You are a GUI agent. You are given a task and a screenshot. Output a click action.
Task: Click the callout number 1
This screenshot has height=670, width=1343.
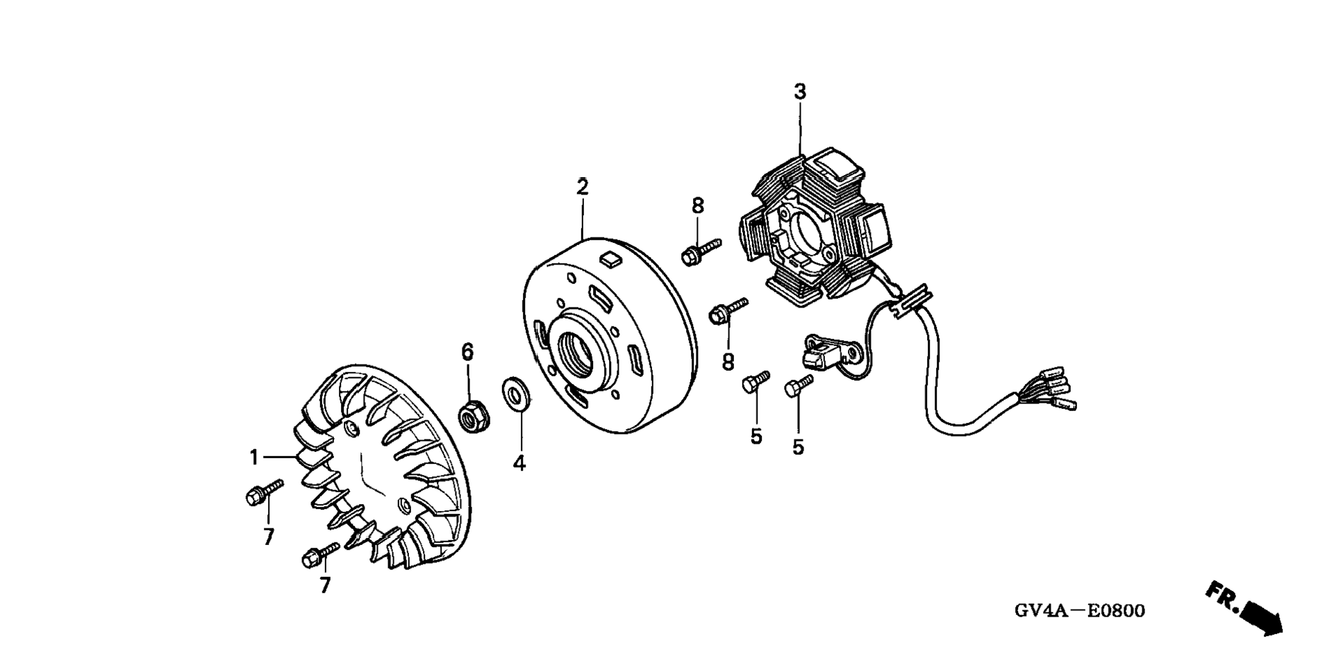point(254,458)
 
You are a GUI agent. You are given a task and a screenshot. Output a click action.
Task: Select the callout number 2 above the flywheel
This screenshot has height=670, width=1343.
point(582,187)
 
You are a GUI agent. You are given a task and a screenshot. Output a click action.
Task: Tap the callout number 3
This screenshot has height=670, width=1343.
point(800,92)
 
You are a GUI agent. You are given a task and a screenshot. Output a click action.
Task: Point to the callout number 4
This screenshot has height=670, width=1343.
point(519,463)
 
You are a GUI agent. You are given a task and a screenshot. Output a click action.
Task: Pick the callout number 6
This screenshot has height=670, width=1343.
point(467,352)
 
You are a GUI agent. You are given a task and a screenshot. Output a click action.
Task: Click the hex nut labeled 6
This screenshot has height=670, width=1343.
point(474,414)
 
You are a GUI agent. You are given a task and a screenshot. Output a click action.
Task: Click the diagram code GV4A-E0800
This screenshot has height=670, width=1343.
point(1080,611)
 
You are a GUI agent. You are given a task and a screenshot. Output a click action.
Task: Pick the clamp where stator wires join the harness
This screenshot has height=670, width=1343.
point(910,304)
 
